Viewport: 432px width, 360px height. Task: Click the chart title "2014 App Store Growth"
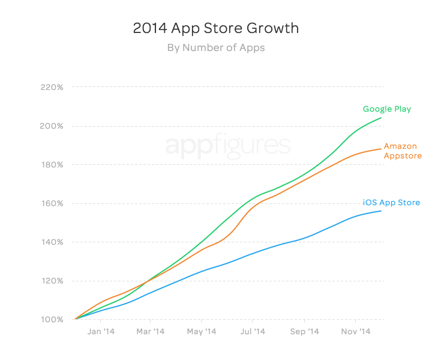coord(215,28)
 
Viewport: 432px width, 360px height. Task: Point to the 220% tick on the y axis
coord(52,88)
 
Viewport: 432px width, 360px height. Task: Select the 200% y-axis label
coord(52,126)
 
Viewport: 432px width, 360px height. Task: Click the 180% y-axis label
coord(52,165)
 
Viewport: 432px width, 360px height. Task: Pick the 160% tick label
coord(52,203)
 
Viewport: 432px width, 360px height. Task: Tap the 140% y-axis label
coord(52,242)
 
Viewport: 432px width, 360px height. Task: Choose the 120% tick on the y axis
coord(52,281)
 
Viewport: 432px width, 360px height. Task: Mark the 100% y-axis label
coord(52,320)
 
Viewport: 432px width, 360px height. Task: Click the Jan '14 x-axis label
coord(101,331)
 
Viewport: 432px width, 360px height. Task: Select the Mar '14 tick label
coord(151,331)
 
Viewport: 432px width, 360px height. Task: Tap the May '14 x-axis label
coord(202,331)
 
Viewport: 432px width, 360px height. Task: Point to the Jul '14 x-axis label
coord(253,331)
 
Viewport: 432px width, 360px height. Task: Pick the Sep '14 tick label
coord(304,331)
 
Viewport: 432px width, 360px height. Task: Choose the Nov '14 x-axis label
coord(355,331)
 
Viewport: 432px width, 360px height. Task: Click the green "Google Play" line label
coord(386,109)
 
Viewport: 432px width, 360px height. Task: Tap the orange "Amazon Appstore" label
coord(400,151)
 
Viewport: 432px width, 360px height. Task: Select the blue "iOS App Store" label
coord(391,203)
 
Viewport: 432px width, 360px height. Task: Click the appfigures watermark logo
coord(227,146)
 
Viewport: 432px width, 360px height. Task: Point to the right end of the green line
coord(381,118)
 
